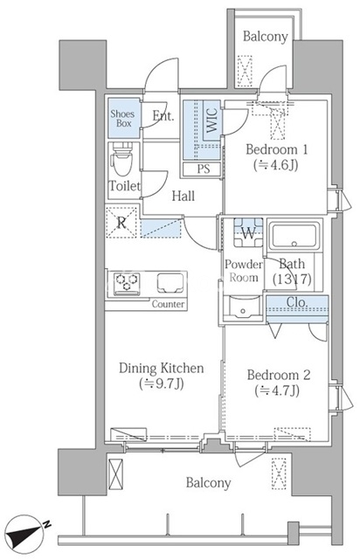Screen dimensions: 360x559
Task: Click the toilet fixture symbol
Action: [122, 159]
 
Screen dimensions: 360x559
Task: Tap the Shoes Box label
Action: [122, 119]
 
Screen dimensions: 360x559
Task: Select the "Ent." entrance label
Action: [163, 115]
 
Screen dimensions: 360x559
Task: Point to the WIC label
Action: [212, 121]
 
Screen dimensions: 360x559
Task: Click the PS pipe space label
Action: [204, 169]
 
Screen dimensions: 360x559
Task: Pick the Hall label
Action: [183, 196]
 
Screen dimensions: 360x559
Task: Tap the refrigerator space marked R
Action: [121, 223]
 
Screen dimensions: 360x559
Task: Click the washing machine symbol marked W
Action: [248, 232]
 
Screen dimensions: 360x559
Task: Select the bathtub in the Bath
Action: [294, 236]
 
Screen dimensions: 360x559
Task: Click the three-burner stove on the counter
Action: [127, 283]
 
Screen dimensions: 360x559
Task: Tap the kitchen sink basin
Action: [170, 282]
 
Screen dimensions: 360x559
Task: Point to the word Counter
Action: [168, 304]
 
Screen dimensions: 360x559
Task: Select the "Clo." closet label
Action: [297, 302]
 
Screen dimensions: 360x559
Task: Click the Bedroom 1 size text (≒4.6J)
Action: [276, 165]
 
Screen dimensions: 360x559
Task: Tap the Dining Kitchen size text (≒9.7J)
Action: [162, 384]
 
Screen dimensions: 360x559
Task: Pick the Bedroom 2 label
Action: [279, 375]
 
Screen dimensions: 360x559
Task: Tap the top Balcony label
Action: [265, 37]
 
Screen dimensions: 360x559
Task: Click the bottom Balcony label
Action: [208, 483]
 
